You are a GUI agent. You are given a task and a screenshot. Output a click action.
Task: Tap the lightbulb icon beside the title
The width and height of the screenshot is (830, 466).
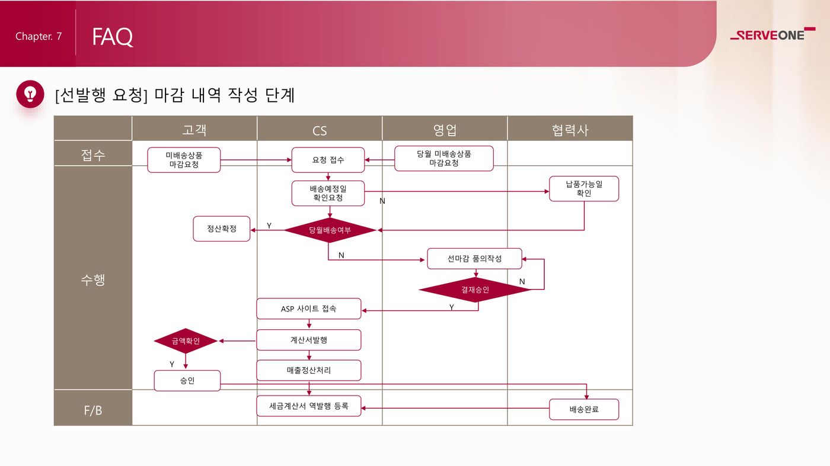[x=30, y=94]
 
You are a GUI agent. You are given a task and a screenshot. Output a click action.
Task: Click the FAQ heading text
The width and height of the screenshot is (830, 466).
[x=112, y=37]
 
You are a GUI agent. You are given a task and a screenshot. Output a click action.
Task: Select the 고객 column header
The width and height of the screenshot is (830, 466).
[x=194, y=129]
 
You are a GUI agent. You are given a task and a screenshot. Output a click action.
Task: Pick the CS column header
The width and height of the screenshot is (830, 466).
[x=320, y=130]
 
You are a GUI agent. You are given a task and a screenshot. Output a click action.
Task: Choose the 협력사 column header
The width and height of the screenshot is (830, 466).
[x=570, y=130]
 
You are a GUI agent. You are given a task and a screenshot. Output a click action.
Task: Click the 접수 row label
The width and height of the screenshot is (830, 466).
[x=93, y=155]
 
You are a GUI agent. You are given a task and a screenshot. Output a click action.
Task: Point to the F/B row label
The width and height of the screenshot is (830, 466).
[x=93, y=410]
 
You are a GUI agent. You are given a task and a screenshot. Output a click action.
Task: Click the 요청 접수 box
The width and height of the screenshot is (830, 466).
[x=328, y=160]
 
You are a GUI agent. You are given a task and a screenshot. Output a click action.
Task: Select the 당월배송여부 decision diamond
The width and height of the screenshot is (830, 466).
[x=330, y=230]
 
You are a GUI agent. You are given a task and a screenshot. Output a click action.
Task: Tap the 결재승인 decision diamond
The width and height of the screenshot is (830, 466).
[x=475, y=290]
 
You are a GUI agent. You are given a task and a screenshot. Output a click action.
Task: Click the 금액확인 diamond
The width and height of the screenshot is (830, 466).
[x=186, y=341]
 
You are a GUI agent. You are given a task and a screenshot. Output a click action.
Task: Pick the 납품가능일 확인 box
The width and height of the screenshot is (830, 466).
[x=584, y=189]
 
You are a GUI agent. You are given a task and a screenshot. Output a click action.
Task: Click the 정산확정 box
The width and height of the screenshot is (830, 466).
[x=222, y=229]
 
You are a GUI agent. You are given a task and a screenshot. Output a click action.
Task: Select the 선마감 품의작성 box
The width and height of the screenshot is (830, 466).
[x=474, y=259]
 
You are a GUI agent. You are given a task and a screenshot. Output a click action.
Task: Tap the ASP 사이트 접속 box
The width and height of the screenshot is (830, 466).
[x=309, y=309]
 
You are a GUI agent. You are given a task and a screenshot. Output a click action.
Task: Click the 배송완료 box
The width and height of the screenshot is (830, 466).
[x=584, y=409]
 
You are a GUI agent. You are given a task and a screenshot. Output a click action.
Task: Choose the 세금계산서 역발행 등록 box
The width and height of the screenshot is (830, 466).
[x=309, y=406]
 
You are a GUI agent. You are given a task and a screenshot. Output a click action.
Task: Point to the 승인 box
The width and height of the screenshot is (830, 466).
[x=187, y=381]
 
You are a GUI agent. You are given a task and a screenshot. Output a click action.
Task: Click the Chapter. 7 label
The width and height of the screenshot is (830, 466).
[x=39, y=37]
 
